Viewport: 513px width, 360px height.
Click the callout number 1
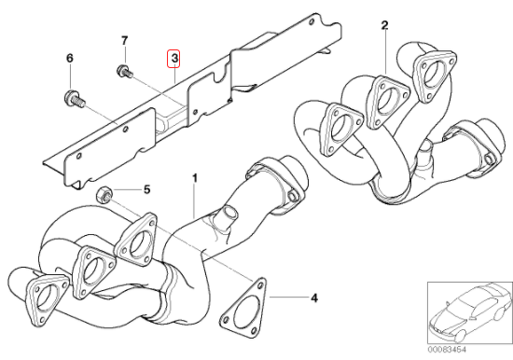[x=195, y=178]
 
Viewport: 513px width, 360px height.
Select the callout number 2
[x=384, y=25]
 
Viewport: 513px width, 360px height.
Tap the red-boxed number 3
[x=174, y=59]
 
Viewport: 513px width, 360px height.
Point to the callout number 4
[x=314, y=298]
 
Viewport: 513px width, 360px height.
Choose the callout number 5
[x=146, y=189]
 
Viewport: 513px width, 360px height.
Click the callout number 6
[x=70, y=58]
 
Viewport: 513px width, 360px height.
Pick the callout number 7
[x=124, y=41]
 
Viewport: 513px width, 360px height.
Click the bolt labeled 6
[x=74, y=99]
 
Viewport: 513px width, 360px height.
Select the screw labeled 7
[x=125, y=71]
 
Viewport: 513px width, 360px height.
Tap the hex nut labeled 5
[x=104, y=193]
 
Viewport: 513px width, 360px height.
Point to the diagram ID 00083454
[x=447, y=350]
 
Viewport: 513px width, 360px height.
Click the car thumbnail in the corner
[x=470, y=313]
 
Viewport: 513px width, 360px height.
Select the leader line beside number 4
[x=289, y=298]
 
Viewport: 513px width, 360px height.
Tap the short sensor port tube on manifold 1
[x=228, y=215]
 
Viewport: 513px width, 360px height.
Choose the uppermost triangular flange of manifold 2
[x=434, y=76]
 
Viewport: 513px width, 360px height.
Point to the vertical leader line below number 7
[x=125, y=56]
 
